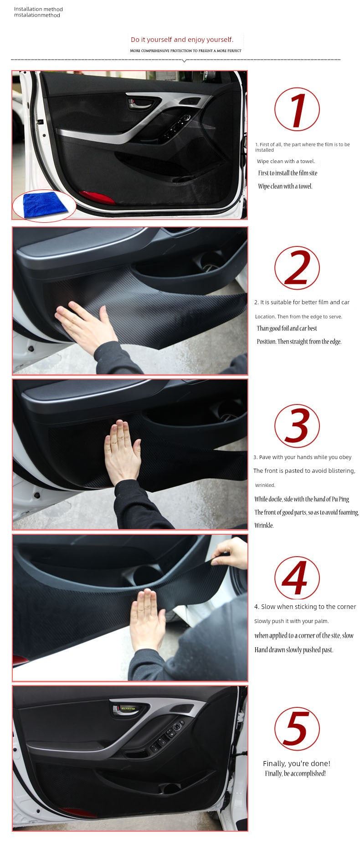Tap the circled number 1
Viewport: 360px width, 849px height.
click(297, 110)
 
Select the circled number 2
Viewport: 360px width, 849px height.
click(297, 268)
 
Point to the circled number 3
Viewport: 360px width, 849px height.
click(297, 426)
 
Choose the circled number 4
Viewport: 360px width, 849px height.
click(297, 578)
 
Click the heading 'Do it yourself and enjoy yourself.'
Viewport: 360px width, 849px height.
click(182, 40)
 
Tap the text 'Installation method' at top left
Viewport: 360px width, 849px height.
click(38, 9)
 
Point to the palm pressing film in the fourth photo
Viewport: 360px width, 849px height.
click(147, 620)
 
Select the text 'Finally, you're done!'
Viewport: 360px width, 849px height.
click(296, 763)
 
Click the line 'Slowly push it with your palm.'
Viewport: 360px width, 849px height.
click(291, 621)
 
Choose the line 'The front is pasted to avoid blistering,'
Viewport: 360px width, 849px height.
click(304, 471)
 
